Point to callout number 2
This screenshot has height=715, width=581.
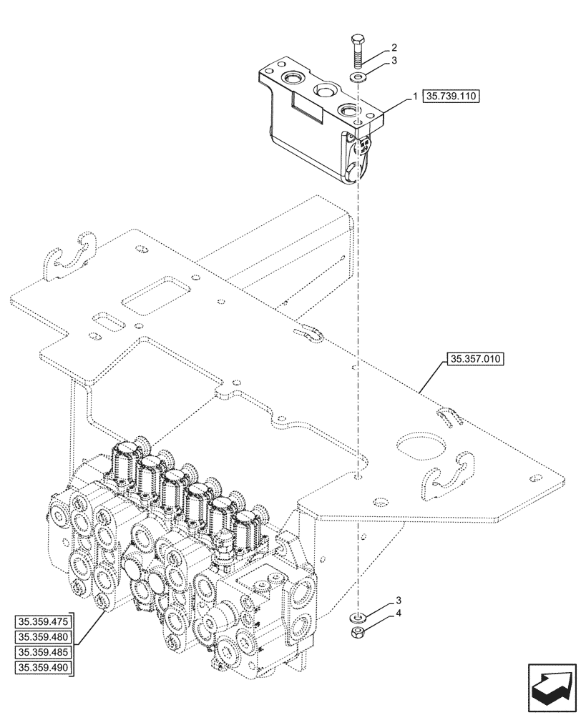pos(393,48)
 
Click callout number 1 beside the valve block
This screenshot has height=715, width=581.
pos(414,97)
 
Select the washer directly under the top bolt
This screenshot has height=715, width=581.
pos(356,77)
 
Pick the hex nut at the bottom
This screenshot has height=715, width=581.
pos(356,631)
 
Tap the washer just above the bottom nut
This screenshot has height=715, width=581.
pos(356,616)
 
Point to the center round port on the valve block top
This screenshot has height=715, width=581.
pos(323,90)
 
